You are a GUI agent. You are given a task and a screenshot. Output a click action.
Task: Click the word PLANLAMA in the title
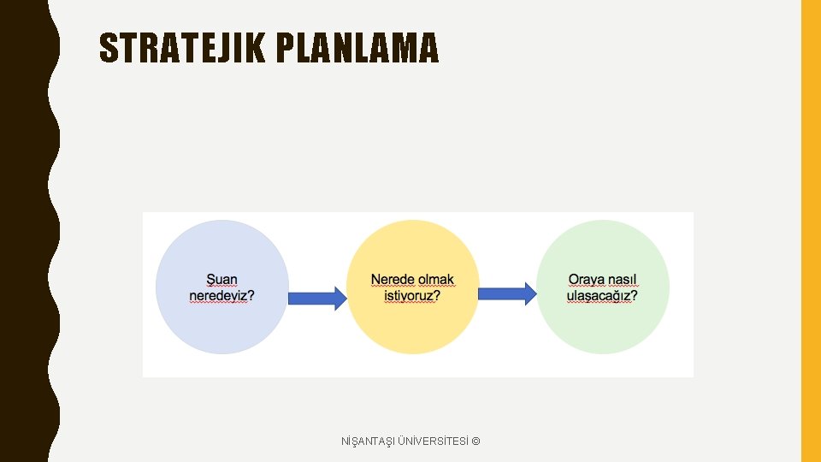click(357, 48)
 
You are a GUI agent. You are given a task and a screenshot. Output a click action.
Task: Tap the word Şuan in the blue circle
click(222, 280)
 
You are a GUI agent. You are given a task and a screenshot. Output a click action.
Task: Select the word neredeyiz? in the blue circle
click(221, 296)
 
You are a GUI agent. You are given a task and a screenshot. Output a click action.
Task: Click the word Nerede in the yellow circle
click(393, 280)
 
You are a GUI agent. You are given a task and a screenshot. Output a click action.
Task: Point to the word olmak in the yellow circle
click(436, 280)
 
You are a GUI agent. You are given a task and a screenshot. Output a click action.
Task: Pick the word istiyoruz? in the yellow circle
click(412, 296)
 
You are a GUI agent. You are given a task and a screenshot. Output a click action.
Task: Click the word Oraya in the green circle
click(587, 280)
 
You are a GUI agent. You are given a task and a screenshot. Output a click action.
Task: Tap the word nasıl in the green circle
click(623, 280)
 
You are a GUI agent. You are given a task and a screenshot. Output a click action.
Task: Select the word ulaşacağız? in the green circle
click(602, 296)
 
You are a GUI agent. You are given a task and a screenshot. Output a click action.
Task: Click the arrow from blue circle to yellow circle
click(316, 297)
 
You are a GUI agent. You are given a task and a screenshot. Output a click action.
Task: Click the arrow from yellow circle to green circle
click(507, 294)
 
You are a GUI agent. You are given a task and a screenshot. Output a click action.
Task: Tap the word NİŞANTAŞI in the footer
click(368, 441)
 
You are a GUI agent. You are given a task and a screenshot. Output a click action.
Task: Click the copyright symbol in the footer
click(475, 441)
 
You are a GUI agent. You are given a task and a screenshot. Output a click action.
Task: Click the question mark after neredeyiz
click(251, 296)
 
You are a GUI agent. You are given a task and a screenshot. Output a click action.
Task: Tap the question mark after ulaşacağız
click(634, 296)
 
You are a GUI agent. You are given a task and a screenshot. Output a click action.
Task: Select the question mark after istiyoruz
click(437, 296)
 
